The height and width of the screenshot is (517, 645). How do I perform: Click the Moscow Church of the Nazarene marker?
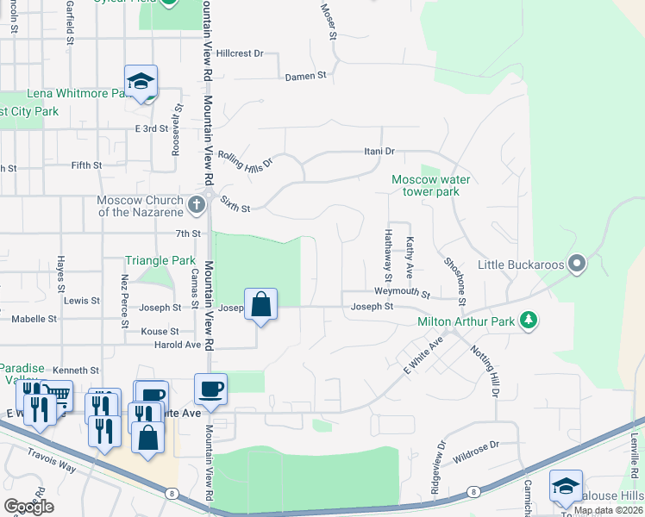[x=196, y=205]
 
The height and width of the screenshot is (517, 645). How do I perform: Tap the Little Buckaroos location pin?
[x=577, y=264]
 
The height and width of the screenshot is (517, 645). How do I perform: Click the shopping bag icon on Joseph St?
[x=260, y=304]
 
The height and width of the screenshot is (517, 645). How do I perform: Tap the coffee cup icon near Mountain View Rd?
[x=211, y=389]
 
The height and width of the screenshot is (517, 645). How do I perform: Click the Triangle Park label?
[x=160, y=260]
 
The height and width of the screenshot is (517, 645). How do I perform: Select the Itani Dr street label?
[x=378, y=152]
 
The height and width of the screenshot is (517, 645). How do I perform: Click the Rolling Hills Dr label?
[x=244, y=158]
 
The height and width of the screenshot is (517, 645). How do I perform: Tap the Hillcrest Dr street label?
[x=239, y=53]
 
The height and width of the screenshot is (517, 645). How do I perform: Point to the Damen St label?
[x=306, y=76]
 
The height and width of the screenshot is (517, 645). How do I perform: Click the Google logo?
[x=28, y=507]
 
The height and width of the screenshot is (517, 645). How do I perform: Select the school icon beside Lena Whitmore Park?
[x=141, y=82]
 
